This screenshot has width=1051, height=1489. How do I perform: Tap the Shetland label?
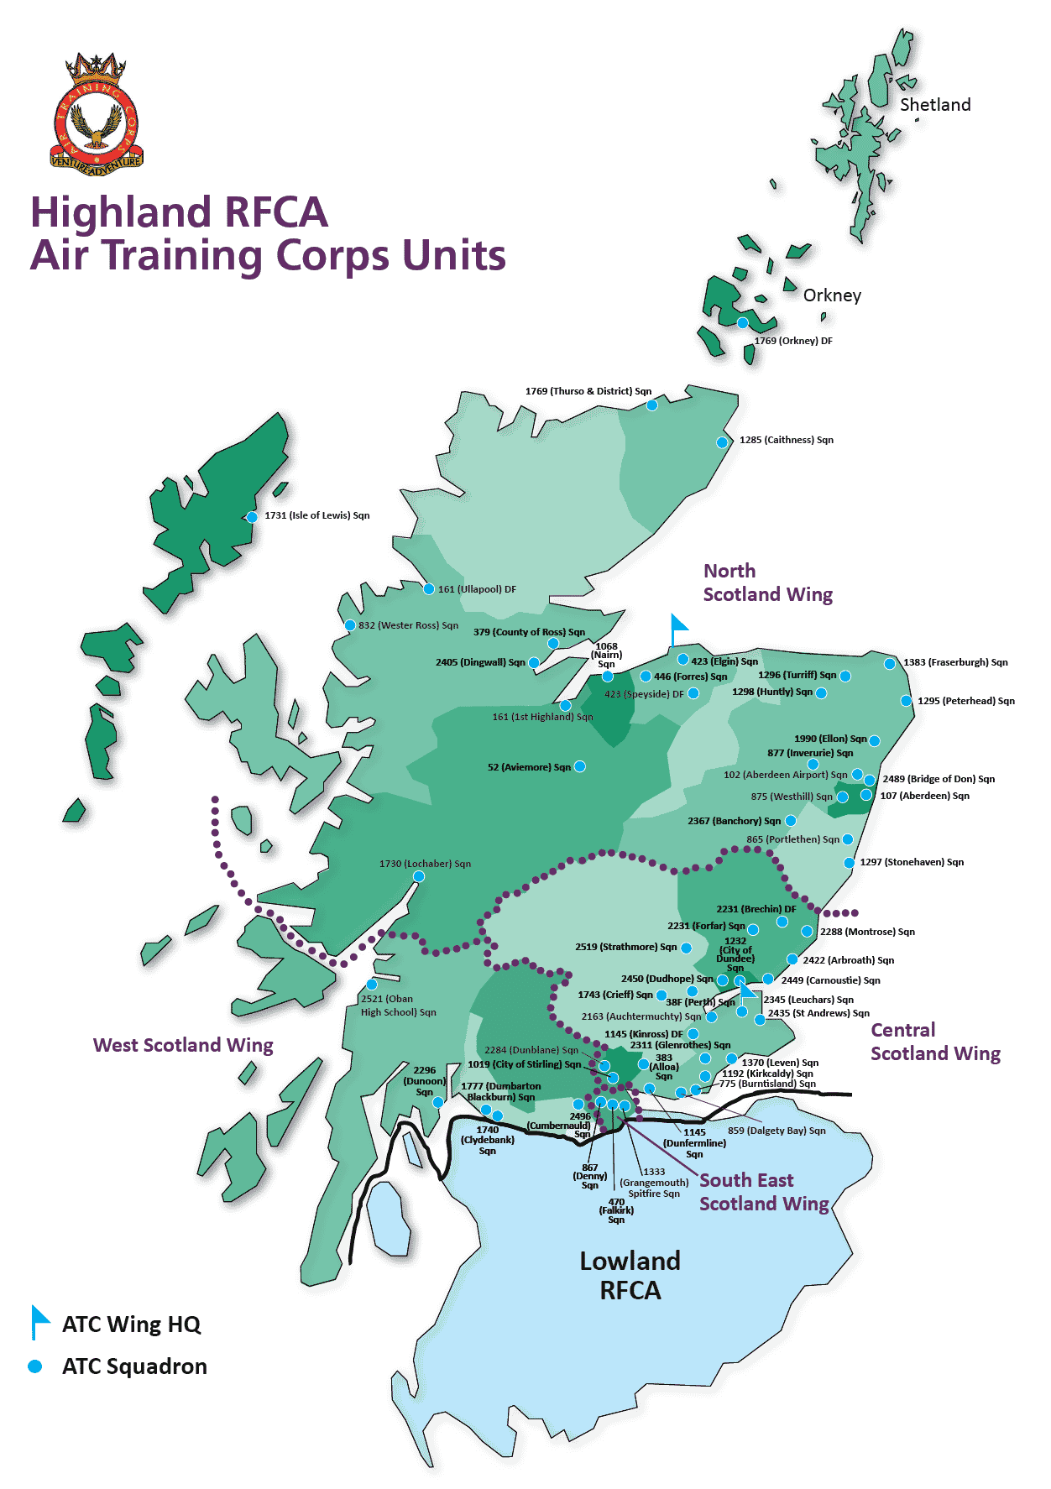[935, 105]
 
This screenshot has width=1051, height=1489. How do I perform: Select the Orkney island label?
[832, 295]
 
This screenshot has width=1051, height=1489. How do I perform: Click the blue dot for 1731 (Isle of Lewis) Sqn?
[252, 517]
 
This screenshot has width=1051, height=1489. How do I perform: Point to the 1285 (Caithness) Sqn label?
[786, 440]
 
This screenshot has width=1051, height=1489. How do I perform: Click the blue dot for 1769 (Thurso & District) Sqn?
[652, 405]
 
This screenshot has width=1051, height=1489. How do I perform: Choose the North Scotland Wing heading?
[767, 583]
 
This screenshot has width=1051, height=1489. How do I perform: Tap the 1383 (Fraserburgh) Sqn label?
[955, 662]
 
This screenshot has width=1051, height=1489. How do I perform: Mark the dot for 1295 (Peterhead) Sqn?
[906, 701]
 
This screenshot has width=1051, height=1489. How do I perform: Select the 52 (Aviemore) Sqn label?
[529, 767]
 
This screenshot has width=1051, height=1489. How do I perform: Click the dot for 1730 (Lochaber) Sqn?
[419, 876]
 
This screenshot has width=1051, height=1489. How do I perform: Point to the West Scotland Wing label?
[183, 1045]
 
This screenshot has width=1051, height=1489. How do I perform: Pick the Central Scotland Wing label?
[935, 1042]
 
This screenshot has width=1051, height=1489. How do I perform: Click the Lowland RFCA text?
[630, 1275]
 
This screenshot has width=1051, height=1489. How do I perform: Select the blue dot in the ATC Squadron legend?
[35, 1366]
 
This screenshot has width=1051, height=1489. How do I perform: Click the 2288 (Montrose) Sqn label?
[867, 932]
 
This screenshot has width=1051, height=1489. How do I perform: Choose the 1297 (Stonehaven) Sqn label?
[912, 862]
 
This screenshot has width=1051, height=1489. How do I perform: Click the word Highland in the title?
[120, 212]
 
